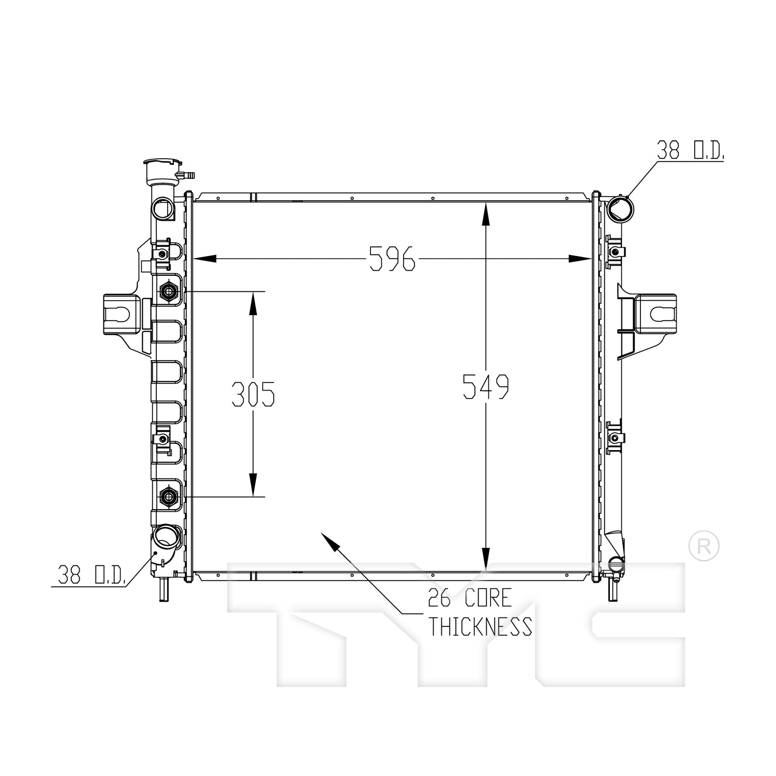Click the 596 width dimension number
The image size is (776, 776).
click(393, 258)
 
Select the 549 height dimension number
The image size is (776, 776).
click(486, 386)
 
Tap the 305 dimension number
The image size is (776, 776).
click(253, 394)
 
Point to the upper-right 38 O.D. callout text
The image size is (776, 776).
click(690, 150)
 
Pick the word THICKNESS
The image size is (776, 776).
click(480, 626)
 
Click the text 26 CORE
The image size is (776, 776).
click(470, 598)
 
